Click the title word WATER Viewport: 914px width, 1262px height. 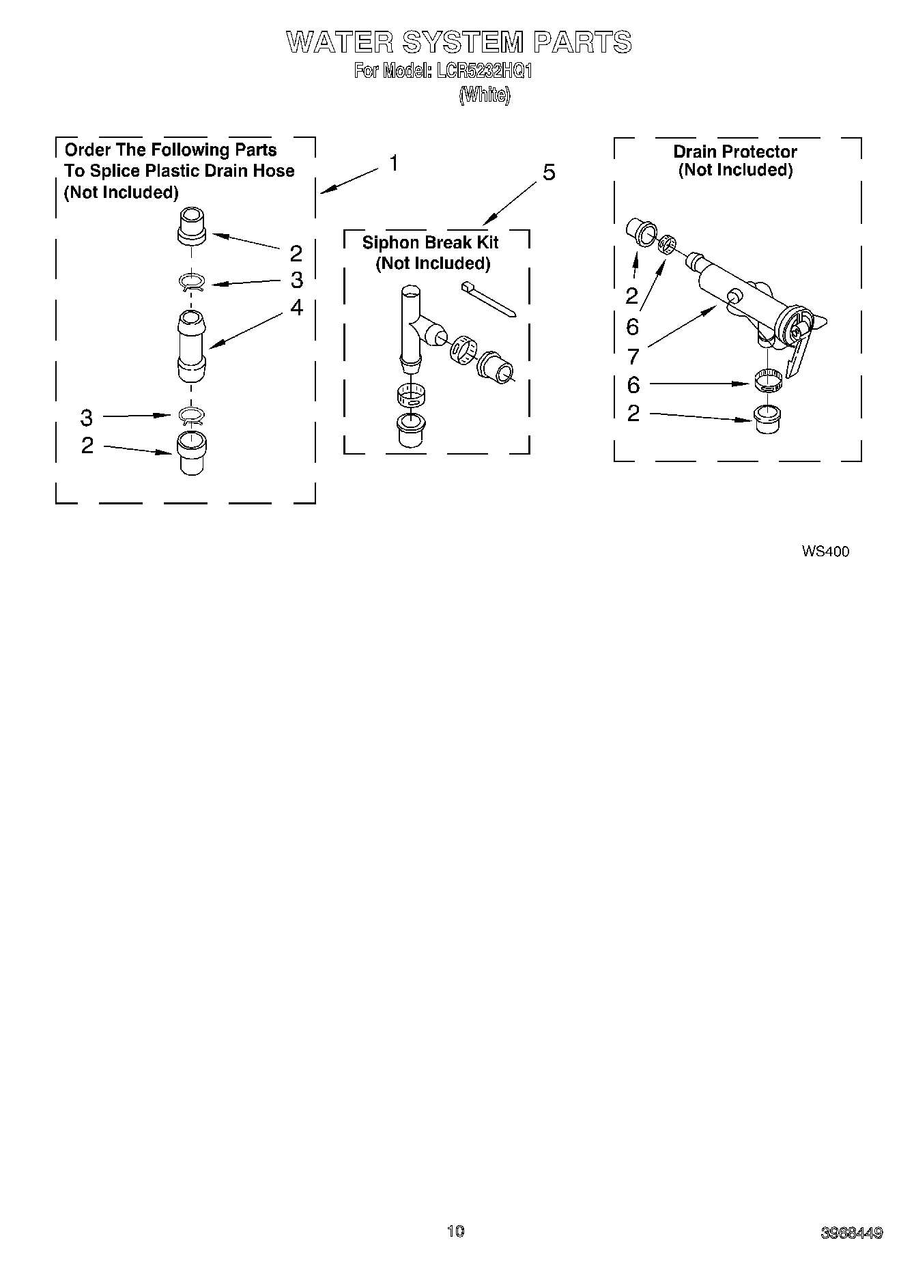tap(339, 42)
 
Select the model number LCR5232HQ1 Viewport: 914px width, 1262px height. tap(482, 71)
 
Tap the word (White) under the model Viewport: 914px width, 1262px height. tap(484, 95)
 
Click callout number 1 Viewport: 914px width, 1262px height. tap(394, 164)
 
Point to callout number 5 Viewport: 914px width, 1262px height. tap(549, 173)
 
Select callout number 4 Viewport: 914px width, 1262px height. tap(296, 308)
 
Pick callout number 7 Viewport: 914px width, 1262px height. tap(633, 356)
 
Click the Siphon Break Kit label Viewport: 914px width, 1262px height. tap(430, 242)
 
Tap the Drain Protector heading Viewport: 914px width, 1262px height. tap(734, 152)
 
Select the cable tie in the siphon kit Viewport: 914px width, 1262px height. tap(489, 298)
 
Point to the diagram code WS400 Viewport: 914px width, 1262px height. tap(825, 551)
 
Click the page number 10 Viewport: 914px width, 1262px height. tap(455, 1231)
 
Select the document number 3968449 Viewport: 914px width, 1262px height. tap(851, 1233)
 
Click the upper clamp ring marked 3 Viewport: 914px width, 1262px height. tap(192, 282)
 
